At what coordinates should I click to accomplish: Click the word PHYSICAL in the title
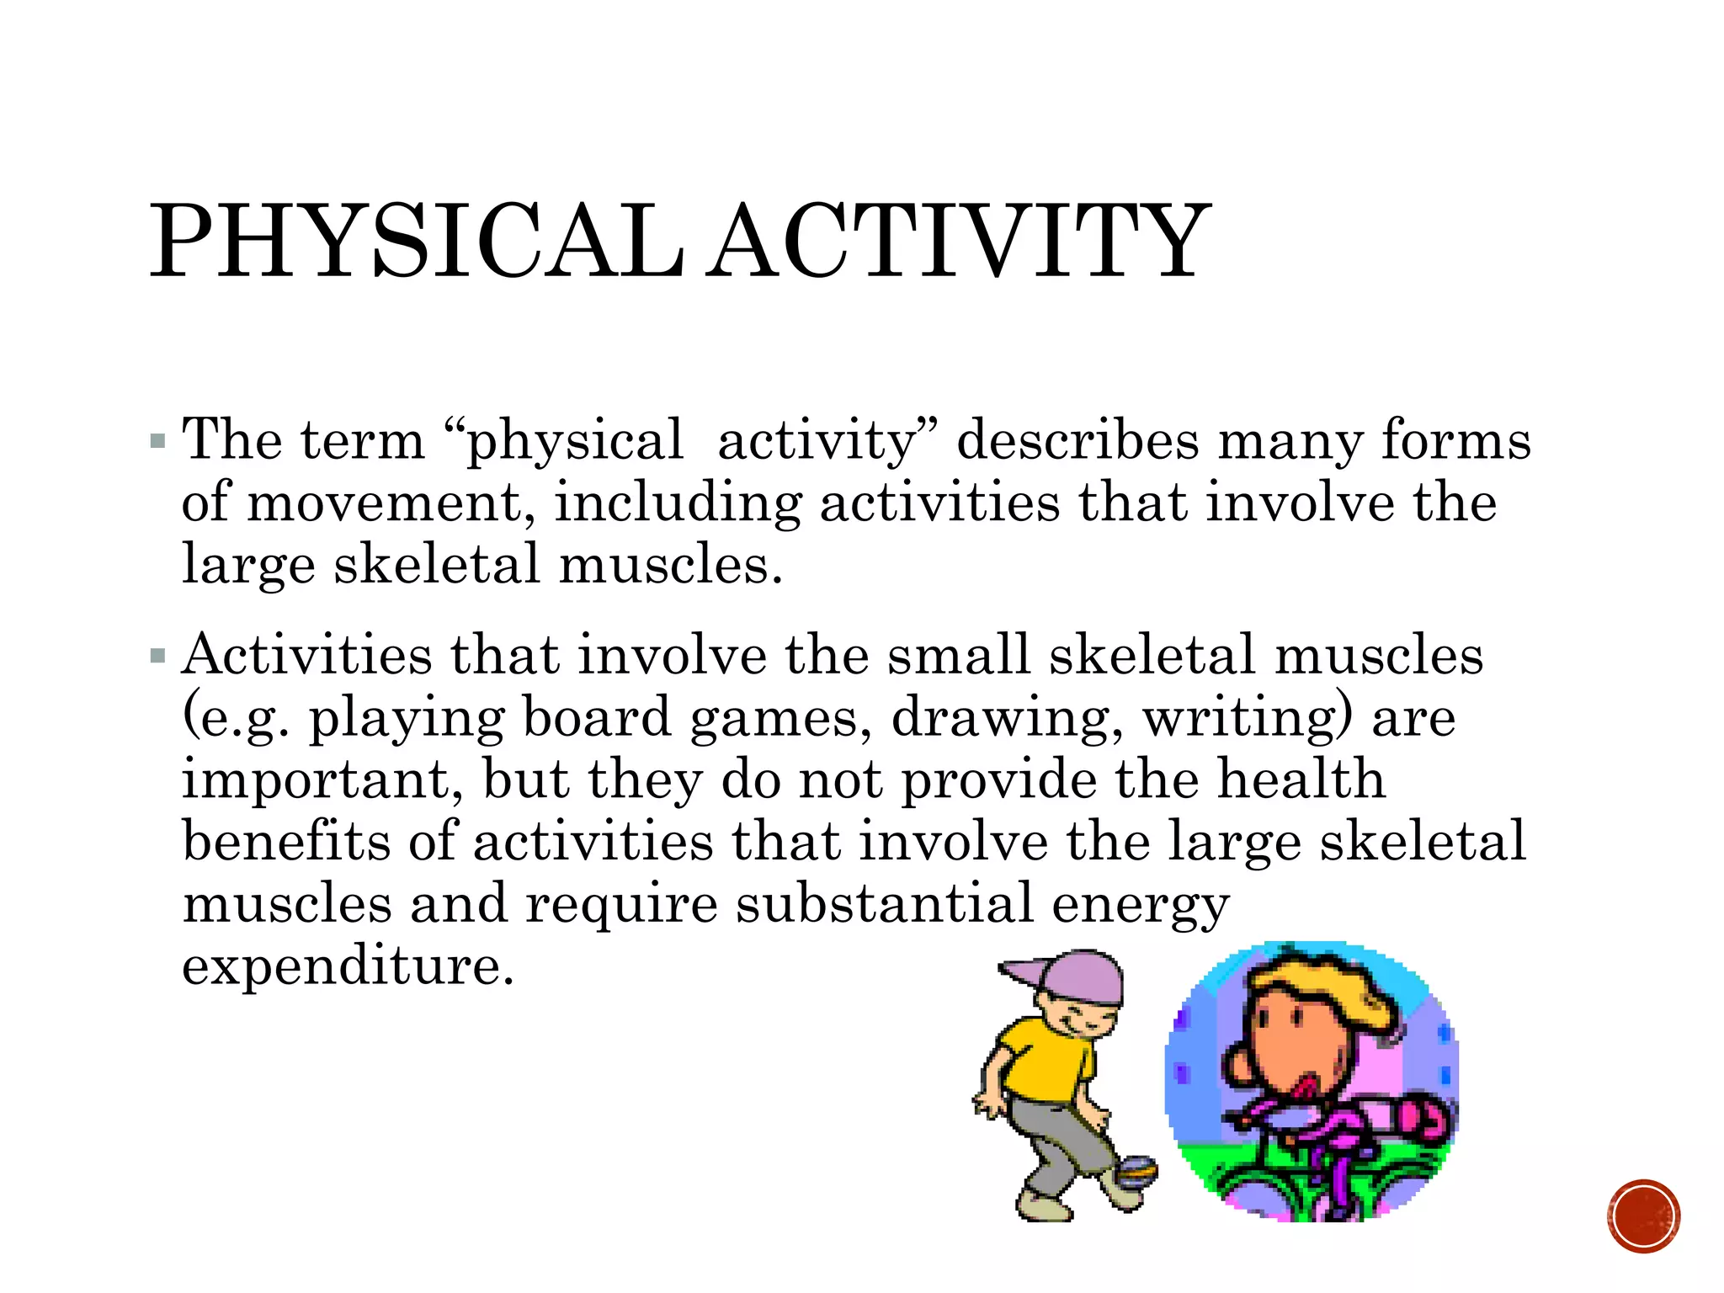pyautogui.click(x=417, y=242)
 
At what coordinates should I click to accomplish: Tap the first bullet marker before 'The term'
pyautogui.click(x=157, y=441)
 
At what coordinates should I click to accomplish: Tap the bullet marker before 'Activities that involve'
pyautogui.click(x=157, y=656)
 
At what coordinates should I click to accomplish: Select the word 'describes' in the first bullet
pyautogui.click(x=1077, y=441)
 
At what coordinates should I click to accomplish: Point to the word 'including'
pyautogui.click(x=678, y=503)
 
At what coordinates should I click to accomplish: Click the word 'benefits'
pyautogui.click(x=287, y=842)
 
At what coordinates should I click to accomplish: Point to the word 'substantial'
pyautogui.click(x=885, y=905)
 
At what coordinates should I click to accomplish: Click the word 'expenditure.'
pyautogui.click(x=348, y=966)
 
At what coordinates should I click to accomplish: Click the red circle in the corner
pyautogui.click(x=1643, y=1216)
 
